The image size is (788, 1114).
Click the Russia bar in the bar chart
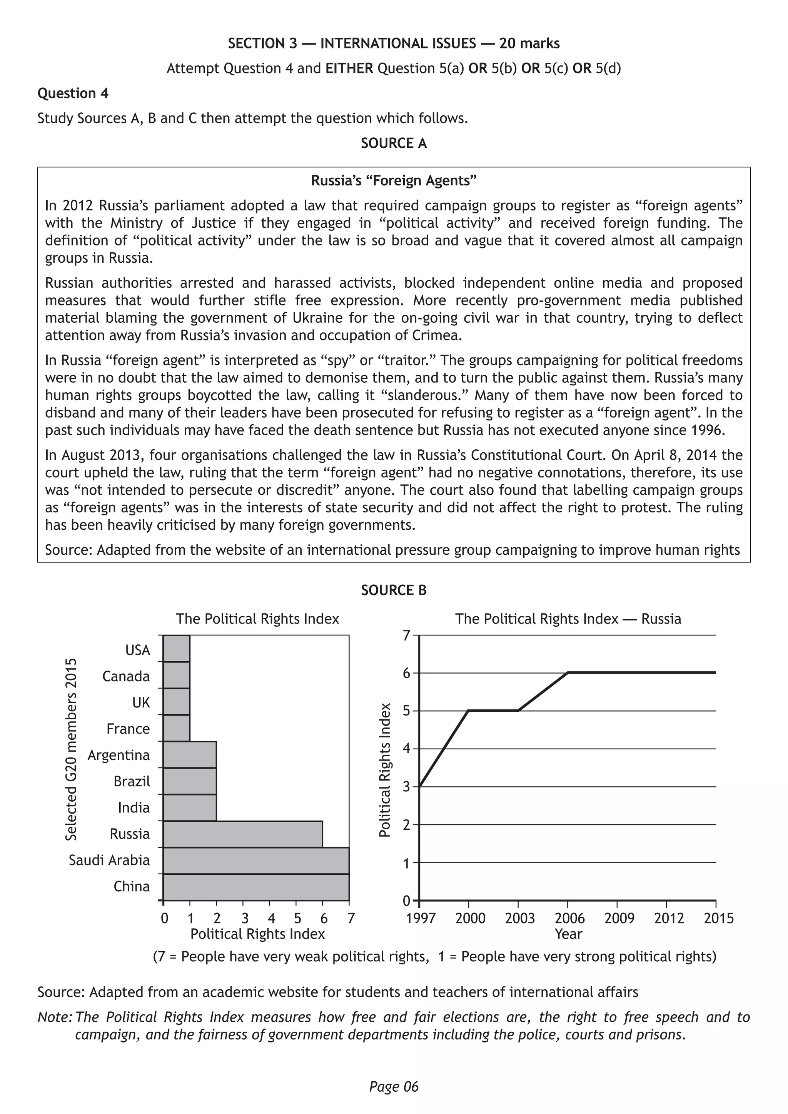pyautogui.click(x=243, y=834)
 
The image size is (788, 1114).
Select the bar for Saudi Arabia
pyautogui.click(x=256, y=860)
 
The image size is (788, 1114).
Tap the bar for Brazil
pyautogui.click(x=190, y=781)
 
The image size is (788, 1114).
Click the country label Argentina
pyautogui.click(x=119, y=755)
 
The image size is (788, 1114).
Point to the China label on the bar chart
pyautogui.click(x=132, y=886)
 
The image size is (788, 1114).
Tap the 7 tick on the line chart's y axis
pyautogui.click(x=407, y=635)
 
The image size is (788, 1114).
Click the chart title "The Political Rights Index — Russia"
pyautogui.click(x=568, y=619)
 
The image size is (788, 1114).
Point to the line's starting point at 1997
pyautogui.click(x=419, y=786)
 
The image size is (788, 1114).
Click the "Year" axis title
pyautogui.click(x=568, y=934)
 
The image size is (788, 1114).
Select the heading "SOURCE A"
pyautogui.click(x=394, y=143)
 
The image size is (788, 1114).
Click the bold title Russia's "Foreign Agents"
pyautogui.click(x=394, y=181)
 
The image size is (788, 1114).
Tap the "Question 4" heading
pyautogui.click(x=73, y=93)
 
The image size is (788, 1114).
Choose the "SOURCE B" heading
pyautogui.click(x=394, y=590)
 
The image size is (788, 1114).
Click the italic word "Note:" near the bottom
pyautogui.click(x=55, y=1017)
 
